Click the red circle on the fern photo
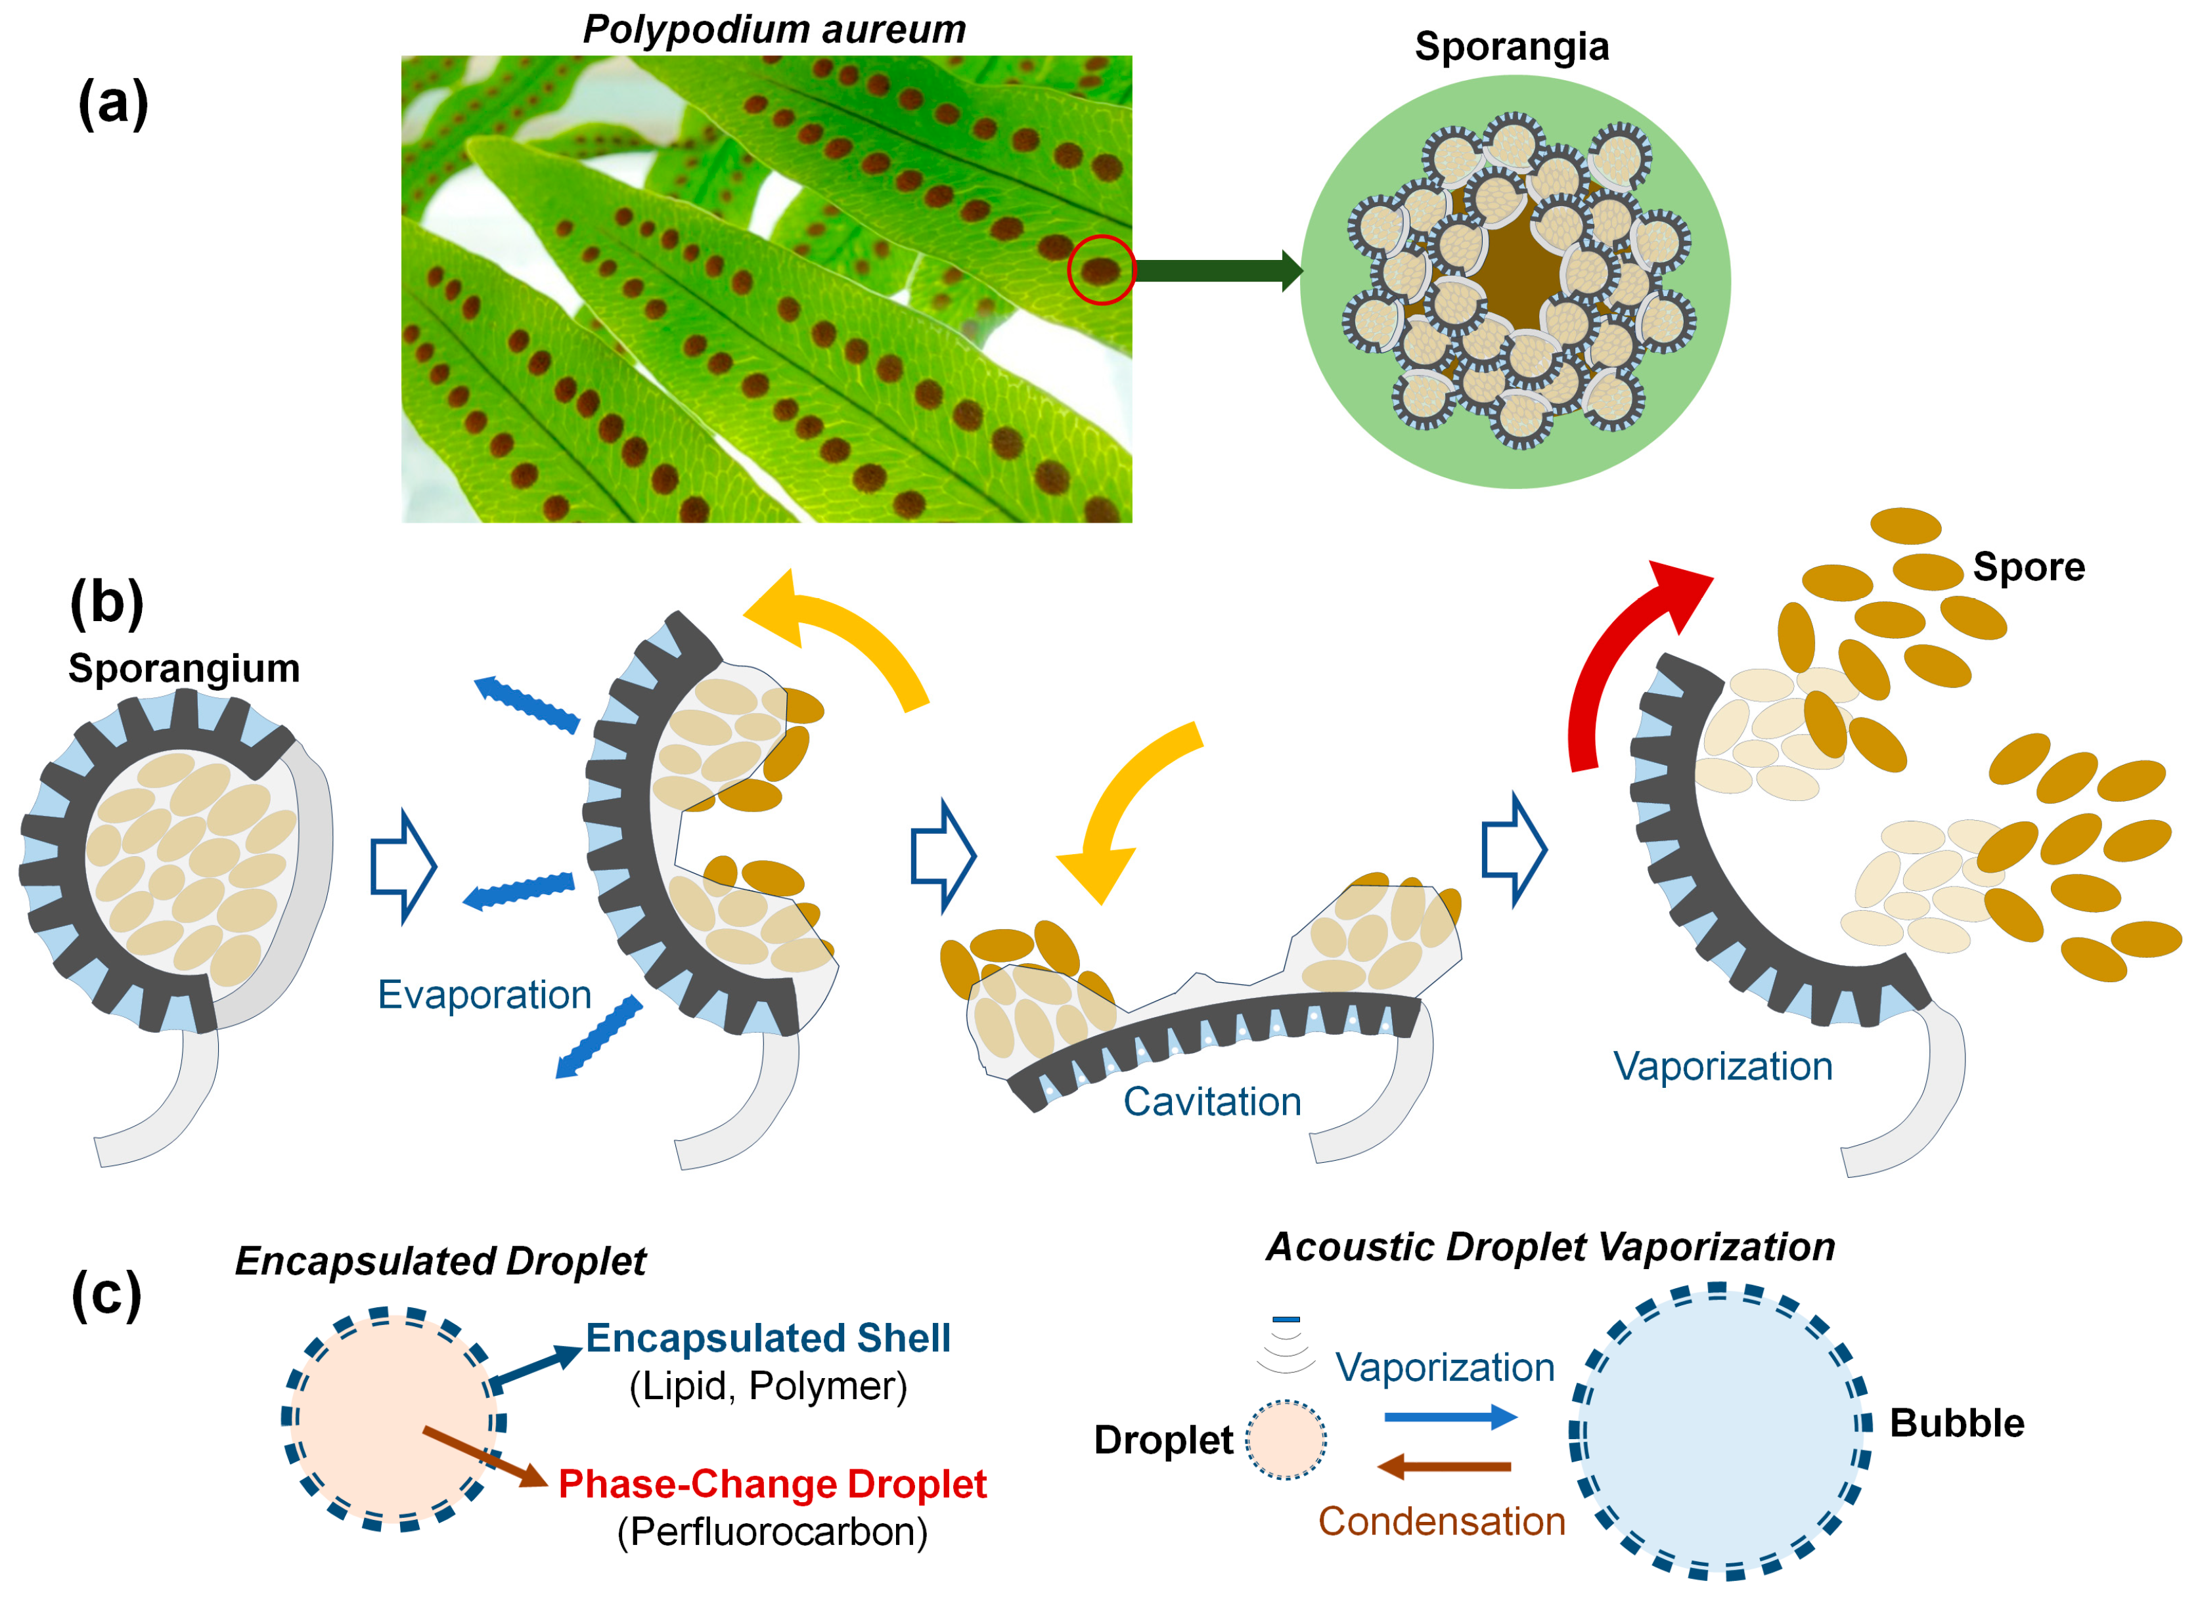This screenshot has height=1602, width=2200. [x=1101, y=270]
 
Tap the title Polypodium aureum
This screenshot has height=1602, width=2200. [x=774, y=29]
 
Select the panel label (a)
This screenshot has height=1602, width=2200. [x=112, y=103]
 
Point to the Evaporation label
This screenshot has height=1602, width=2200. [x=484, y=995]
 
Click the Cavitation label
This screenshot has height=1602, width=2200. [x=1211, y=1102]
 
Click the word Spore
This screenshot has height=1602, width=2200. [x=2029, y=567]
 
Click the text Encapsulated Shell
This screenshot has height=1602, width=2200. [x=768, y=1338]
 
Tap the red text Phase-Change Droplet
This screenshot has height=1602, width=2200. [x=772, y=1484]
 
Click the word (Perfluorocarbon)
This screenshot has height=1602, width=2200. [x=772, y=1532]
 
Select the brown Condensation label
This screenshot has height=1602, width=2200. [x=1441, y=1521]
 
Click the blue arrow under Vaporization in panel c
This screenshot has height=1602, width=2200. [x=1449, y=1417]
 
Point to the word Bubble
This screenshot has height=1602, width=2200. [x=1956, y=1423]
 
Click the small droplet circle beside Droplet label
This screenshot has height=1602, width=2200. [x=1286, y=1439]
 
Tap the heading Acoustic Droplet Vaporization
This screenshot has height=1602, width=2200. [x=1550, y=1247]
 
